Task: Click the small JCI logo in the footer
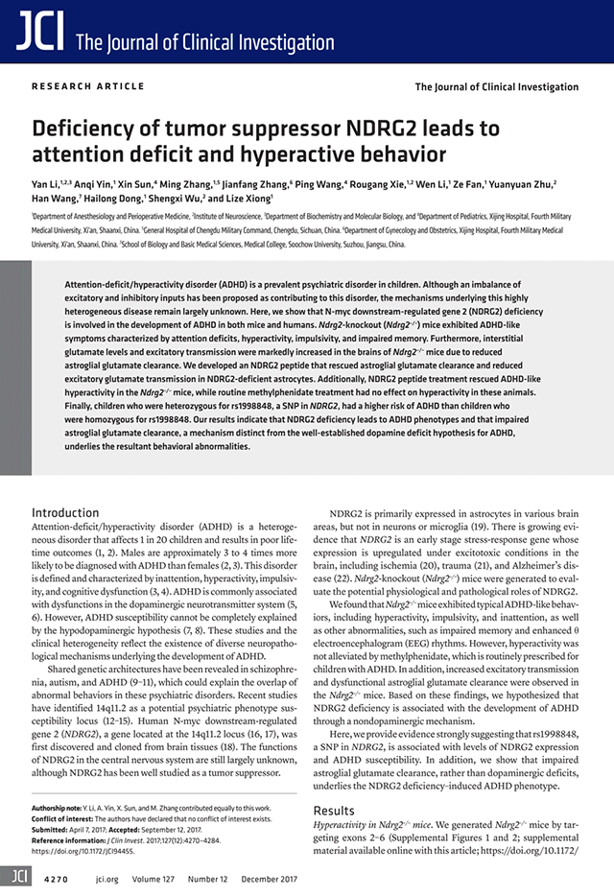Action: point(16,875)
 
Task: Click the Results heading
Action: point(334,811)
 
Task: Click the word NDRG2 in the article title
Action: point(360,130)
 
